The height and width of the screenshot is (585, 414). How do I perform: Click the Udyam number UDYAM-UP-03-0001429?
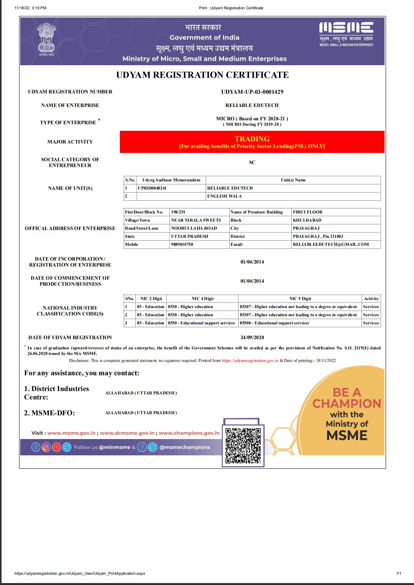(252, 92)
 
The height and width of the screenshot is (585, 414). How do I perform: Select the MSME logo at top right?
(346, 34)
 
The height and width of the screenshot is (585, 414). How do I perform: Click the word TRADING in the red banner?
(252, 139)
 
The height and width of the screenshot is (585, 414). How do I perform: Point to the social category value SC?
(252, 162)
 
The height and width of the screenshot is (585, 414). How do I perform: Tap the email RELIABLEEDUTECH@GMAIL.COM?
(331, 245)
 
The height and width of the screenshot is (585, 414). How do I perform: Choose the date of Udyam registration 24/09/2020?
(252, 337)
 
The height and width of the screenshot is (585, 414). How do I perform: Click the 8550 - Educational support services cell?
(201, 323)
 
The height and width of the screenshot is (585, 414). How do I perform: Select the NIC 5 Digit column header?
(300, 299)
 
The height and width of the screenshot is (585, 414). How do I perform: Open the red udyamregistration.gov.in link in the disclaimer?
(250, 361)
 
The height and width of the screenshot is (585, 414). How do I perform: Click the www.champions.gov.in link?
(189, 433)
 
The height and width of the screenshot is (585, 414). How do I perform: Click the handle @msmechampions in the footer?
(185, 447)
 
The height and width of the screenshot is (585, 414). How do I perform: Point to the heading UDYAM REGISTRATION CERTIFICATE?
(202, 75)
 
